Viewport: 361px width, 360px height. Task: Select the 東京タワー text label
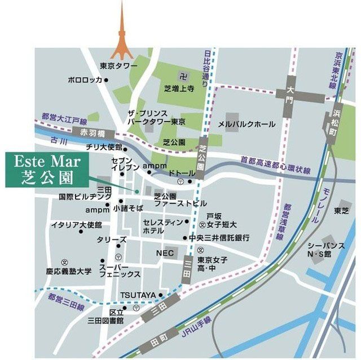point(118,66)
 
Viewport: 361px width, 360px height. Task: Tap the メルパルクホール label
point(247,124)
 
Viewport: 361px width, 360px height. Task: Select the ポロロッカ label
point(85,80)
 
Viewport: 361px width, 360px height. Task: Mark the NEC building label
point(164,254)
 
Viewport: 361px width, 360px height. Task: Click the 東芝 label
point(341,210)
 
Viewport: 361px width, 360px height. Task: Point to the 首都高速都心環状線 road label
point(276,163)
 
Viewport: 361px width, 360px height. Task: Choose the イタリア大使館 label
point(77,225)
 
